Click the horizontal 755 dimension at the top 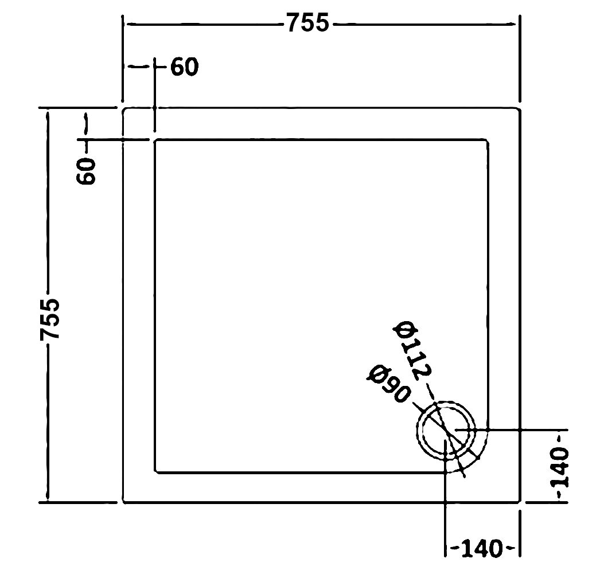307,22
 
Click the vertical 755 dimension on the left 50,319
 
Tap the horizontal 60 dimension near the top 185,67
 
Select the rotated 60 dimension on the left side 86,171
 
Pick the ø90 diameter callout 388,384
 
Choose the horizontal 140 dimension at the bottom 481,549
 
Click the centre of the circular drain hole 446,431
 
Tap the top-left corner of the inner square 155,140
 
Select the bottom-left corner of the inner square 155,473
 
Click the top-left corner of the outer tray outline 123,108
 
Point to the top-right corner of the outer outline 520,108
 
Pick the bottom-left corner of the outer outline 123,502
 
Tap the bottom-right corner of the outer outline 520,502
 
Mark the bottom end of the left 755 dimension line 48,500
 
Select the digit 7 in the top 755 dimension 294,22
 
